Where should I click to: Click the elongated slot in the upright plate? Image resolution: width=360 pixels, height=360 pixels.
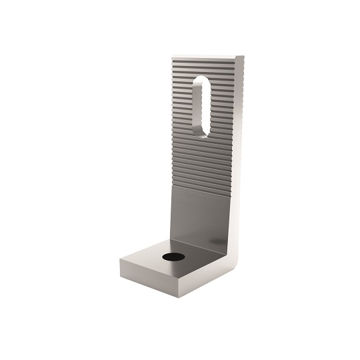pyautogui.click(x=199, y=106)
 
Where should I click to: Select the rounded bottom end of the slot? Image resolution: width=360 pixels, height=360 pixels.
pyautogui.click(x=198, y=131)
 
